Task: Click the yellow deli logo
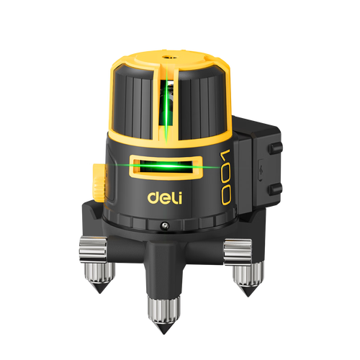coord(165,197)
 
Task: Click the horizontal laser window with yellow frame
coord(166,167)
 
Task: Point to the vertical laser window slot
coord(166,102)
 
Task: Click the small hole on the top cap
coord(166,57)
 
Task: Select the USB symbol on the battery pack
coord(261,171)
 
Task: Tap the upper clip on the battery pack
coord(275,148)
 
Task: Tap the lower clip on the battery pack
coord(275,189)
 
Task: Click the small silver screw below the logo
coord(164,225)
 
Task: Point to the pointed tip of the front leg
coord(164,333)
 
